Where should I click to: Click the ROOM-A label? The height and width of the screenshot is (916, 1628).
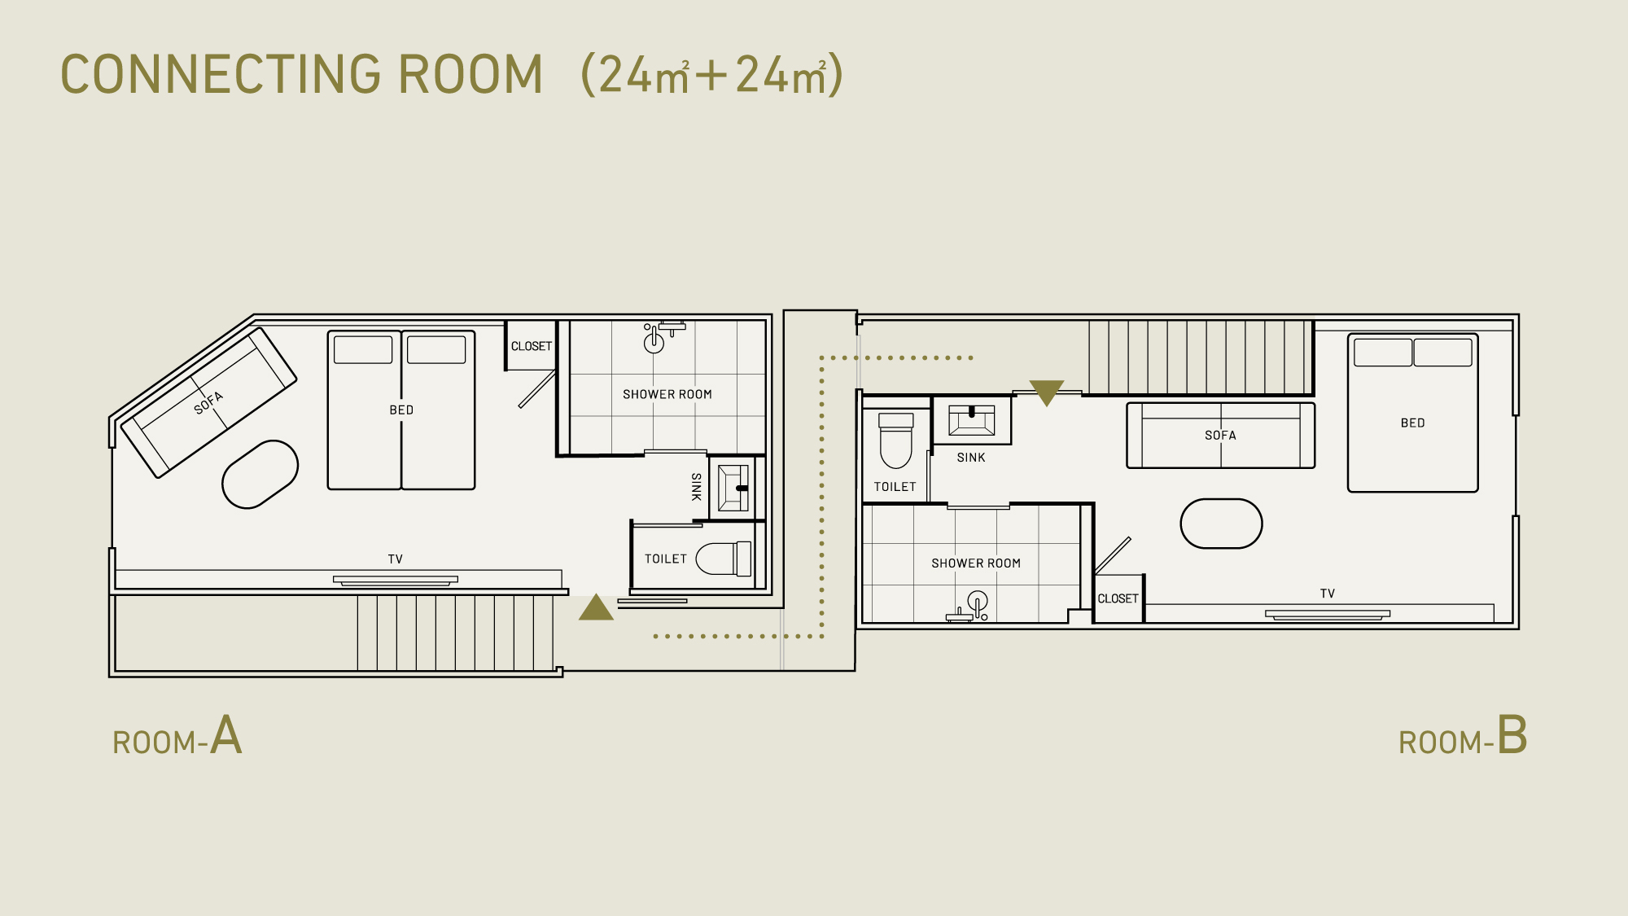point(177,736)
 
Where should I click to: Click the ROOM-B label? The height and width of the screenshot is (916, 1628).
point(1463,736)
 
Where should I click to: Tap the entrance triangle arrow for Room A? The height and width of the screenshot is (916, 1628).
point(596,608)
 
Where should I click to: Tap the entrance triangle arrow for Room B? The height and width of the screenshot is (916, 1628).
point(1047,392)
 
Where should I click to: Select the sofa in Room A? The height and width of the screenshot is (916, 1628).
point(208,402)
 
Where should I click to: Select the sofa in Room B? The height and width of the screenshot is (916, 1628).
point(1220,436)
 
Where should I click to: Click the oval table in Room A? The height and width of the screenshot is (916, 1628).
point(260,475)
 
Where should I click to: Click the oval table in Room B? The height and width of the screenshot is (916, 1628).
point(1221,524)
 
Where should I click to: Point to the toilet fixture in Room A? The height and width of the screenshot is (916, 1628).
point(724,559)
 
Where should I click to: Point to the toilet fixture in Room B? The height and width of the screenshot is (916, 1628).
point(896,440)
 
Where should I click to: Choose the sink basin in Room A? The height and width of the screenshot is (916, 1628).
point(733,488)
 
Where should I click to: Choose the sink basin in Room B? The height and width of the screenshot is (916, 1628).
point(972,420)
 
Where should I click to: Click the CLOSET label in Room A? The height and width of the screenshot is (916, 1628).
point(532,346)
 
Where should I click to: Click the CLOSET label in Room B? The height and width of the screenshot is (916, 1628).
point(1118,598)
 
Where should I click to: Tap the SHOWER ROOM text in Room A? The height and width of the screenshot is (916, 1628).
point(667,394)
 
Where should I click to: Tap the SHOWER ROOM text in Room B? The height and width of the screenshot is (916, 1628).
point(976,563)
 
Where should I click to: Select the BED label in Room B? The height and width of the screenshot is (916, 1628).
point(1413,423)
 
